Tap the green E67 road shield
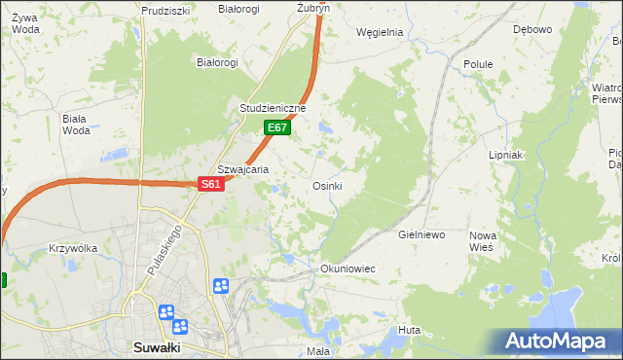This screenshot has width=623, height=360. [x=277, y=127]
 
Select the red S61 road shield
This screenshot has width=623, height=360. [x=212, y=184]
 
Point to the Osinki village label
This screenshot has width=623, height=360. [x=326, y=186]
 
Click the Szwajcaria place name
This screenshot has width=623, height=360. [x=242, y=168]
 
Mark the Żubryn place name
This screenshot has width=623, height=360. [x=313, y=8]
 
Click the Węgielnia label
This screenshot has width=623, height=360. [x=380, y=32]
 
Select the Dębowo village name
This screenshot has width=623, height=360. [x=532, y=29]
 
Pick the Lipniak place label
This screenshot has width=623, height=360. [x=506, y=155]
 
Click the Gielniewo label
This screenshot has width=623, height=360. [x=421, y=234]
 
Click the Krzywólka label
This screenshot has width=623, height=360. [x=73, y=248]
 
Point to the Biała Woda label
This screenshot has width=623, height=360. [x=75, y=125]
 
